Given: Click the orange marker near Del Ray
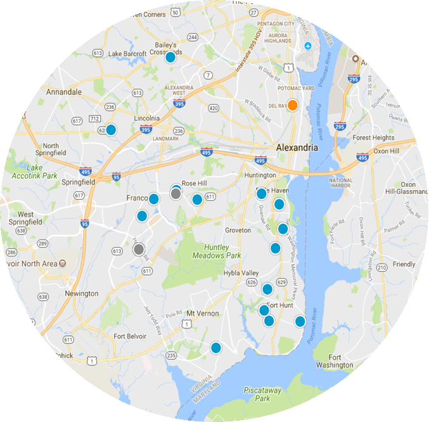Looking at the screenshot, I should coord(292,105).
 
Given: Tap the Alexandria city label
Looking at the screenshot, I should coord(297,147).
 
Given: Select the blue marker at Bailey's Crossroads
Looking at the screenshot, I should coord(170,58).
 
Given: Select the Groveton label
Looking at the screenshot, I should coord(238,231).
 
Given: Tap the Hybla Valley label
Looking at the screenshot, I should coord(241,272).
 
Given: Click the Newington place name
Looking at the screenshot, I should coord(82,293).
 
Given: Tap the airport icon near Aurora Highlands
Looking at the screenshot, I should coord(308,46).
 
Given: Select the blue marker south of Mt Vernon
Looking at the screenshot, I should coord(216,348).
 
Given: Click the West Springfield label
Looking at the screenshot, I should coord(26,219).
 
